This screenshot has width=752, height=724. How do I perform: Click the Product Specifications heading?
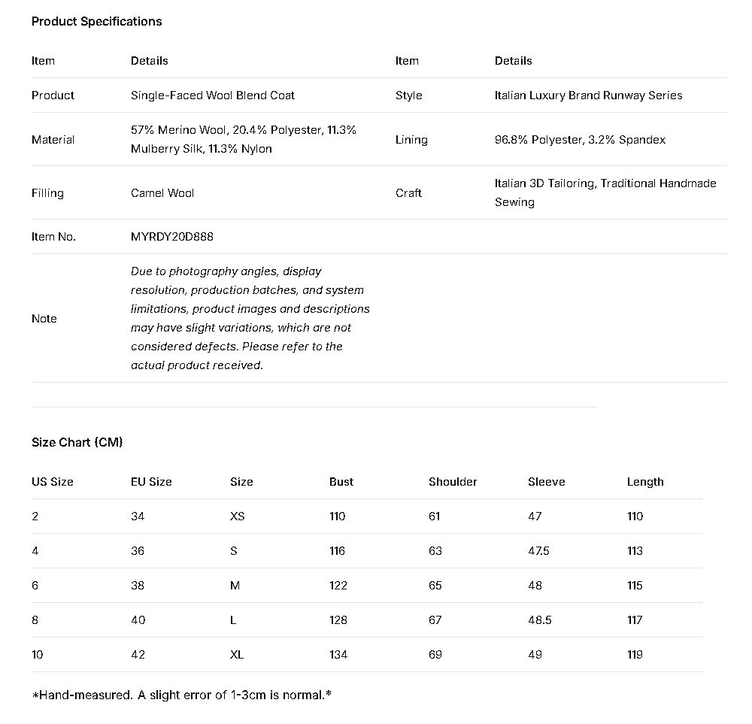coord(96,21)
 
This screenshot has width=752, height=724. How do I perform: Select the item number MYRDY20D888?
coord(171,237)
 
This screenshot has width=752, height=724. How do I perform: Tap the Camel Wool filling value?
coord(162,193)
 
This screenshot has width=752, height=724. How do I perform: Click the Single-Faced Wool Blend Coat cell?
coord(212,95)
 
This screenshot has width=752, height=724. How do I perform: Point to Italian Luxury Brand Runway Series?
coord(588,95)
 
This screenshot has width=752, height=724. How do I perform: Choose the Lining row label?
coord(411,140)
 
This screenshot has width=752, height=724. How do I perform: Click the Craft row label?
coord(408,193)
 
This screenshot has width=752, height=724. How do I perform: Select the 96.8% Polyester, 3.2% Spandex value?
coord(580,140)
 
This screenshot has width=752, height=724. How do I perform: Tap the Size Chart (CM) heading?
coord(77,442)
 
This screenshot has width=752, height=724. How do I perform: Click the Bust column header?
coord(341,482)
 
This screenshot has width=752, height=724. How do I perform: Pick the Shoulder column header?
coord(453,482)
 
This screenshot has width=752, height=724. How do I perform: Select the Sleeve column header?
coord(546,482)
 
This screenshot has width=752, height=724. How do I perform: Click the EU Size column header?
coord(151,482)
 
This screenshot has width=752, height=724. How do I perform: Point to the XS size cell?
coord(237,516)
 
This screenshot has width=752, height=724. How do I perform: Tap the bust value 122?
coord(338,586)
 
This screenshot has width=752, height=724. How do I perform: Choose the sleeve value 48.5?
coord(539,620)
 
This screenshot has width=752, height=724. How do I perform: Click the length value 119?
coord(635,655)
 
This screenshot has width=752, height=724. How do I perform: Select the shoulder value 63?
coord(435,551)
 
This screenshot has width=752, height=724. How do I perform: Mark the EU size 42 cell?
coord(138,655)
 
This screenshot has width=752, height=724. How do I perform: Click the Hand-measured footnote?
coord(181,695)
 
